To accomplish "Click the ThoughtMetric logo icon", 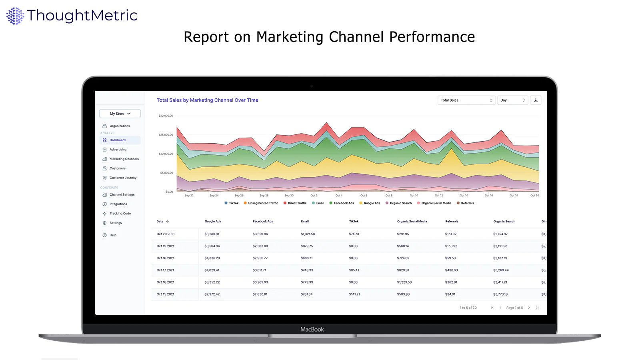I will pos(15,16).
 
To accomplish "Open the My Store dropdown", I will pos(120,114).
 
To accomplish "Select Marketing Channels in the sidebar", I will pos(124,159).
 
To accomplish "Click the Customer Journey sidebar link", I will pos(123,178).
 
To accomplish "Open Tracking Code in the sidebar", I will pos(120,214).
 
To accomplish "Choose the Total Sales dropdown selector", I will pos(466,100).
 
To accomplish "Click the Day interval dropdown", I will pos(512,100).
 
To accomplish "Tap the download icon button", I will pos(536,100).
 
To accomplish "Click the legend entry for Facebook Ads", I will pos(344,203).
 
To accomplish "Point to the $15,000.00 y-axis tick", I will pos(166,135).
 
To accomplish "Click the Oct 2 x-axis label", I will pos(314,196).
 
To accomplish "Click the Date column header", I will pos(160,221).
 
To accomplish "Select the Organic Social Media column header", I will pos(412,221).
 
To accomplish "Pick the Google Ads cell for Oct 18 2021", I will pos(212,258).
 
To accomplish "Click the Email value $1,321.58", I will pos(308,234).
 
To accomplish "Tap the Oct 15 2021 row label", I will pos(165,294).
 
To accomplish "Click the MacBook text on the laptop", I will pos(312,329).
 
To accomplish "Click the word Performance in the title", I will pos(432,37).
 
